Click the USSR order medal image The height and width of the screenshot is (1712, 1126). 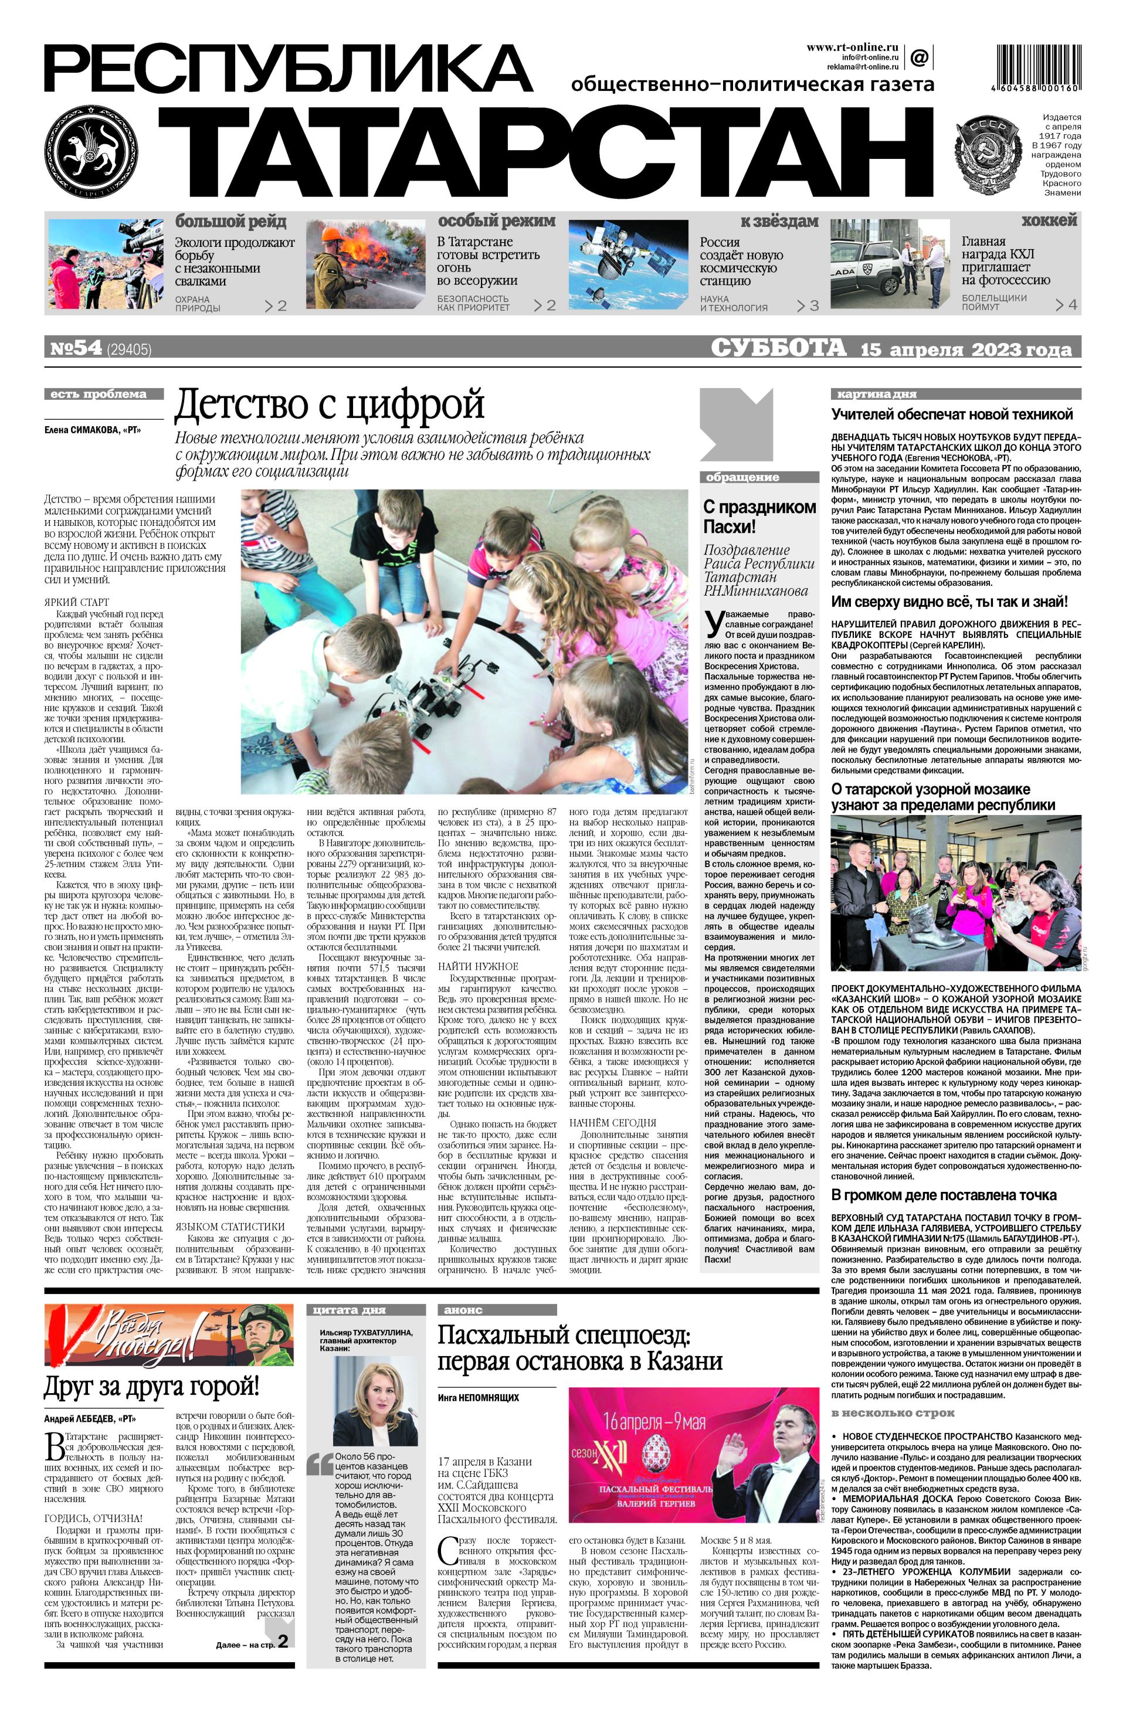986,155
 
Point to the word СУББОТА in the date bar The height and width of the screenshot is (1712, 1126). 778,348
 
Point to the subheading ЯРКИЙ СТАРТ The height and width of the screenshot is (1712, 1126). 77,602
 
